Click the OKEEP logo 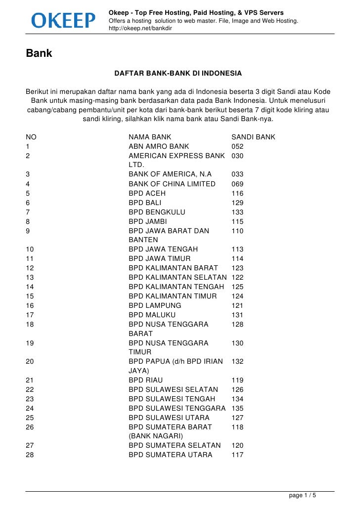coord(63,20)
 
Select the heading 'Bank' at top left coord(39,53)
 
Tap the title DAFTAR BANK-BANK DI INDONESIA coord(178,73)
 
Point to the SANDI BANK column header coord(253,137)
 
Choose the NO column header coord(31,137)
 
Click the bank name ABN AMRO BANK coord(159,146)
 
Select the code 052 coord(237,146)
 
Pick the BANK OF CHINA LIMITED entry coord(172,184)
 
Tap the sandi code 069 coord(237,184)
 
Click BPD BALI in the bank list coord(145,203)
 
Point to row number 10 coord(29,249)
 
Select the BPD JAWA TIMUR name coord(159,258)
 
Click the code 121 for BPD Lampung coord(237,305)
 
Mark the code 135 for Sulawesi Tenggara coord(237,408)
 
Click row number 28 coord(29,455)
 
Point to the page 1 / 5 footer coord(303,495)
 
